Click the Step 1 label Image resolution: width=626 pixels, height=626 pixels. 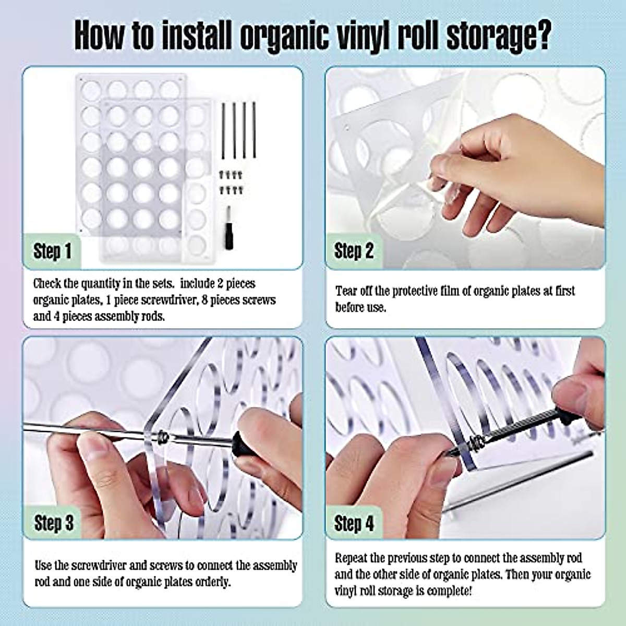pos(52,251)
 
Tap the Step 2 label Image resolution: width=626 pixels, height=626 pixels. pos(354,251)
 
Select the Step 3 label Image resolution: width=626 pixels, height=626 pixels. pos(54,523)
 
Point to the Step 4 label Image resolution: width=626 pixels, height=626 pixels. pos(354,523)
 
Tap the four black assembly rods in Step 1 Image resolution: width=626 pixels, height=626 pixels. pos(238,130)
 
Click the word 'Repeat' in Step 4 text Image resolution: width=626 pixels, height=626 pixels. pos(352,558)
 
